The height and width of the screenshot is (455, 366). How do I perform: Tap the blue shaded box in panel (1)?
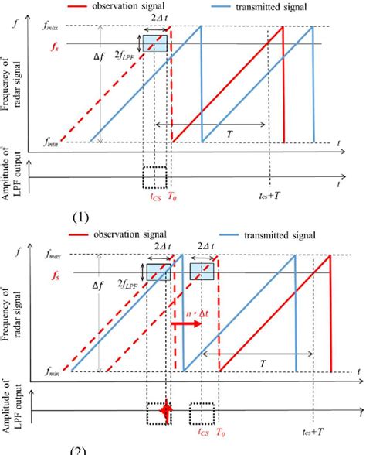click(154, 44)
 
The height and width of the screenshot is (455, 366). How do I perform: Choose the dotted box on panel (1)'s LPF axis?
click(155, 177)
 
